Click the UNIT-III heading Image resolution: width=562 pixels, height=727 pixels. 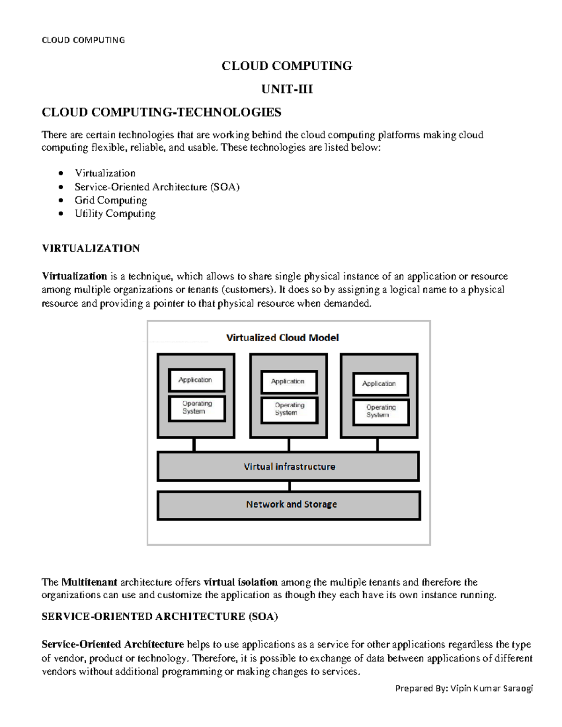click(x=287, y=89)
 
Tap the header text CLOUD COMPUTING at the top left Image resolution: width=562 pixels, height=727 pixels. click(x=83, y=40)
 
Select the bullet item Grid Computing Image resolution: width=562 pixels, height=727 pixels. click(x=111, y=200)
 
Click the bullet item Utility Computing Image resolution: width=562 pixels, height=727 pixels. click(x=115, y=213)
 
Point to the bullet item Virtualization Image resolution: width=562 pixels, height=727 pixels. click(x=105, y=173)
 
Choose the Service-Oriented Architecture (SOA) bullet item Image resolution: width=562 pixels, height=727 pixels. click(x=157, y=187)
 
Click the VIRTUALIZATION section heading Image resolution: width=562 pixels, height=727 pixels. click(x=91, y=248)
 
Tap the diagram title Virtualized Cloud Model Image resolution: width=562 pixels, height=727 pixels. click(x=282, y=338)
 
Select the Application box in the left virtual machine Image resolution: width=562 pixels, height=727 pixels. click(x=196, y=380)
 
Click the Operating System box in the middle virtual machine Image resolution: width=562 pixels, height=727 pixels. click(x=289, y=409)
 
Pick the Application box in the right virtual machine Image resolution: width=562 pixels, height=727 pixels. click(x=380, y=383)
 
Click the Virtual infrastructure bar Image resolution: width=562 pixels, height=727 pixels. click(x=288, y=467)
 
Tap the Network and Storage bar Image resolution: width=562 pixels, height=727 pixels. click(x=289, y=505)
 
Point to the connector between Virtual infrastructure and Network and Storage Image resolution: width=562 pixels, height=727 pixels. click(x=289, y=486)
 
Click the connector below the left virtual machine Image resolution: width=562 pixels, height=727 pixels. click(x=194, y=445)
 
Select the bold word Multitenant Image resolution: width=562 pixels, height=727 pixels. click(x=89, y=582)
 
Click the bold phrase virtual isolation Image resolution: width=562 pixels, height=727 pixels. click(x=241, y=582)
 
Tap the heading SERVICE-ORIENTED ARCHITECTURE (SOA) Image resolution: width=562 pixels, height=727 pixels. click(x=160, y=617)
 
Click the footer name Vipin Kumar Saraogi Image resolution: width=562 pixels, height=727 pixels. click(x=491, y=688)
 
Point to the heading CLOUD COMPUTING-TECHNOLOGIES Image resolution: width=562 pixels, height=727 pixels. click(x=161, y=112)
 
